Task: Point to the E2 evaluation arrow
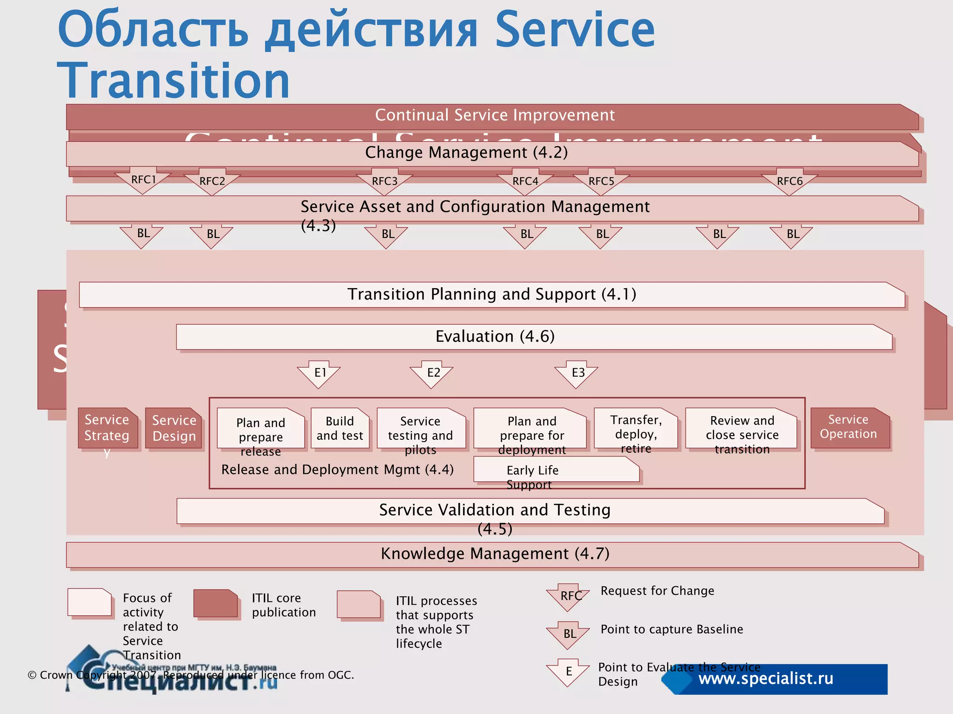(x=432, y=373)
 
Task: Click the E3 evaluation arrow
(x=577, y=373)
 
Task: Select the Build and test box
(x=340, y=428)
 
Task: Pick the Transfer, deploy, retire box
(x=636, y=429)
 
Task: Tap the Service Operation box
(x=849, y=428)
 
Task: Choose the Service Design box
(x=174, y=428)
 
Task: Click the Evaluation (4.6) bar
(x=495, y=337)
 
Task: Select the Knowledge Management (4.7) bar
(x=495, y=554)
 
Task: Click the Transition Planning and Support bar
(x=491, y=295)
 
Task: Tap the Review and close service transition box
(x=742, y=429)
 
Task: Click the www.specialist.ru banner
(x=775, y=679)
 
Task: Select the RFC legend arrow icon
(x=569, y=596)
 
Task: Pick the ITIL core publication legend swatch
(x=216, y=603)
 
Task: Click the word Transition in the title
(x=174, y=81)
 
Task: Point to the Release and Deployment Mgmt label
(x=337, y=470)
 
